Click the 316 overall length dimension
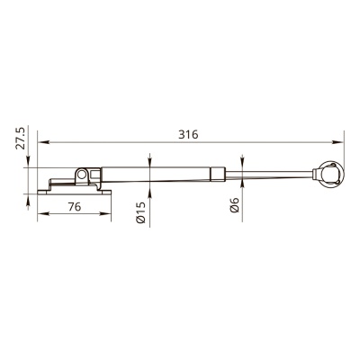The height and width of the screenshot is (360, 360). point(188,135)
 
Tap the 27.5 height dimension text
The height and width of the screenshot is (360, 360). point(21,138)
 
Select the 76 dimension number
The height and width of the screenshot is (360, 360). point(75,207)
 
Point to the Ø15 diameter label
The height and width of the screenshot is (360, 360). point(140,212)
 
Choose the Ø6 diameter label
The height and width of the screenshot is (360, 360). point(234,205)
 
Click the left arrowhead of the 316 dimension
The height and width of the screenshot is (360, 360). point(43,142)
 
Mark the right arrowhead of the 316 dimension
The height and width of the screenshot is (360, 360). point(337,142)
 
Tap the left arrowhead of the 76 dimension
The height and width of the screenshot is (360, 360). point(43,213)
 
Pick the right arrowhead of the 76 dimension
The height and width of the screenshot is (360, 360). point(105,213)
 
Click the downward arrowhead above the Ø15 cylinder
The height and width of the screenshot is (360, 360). point(149,161)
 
